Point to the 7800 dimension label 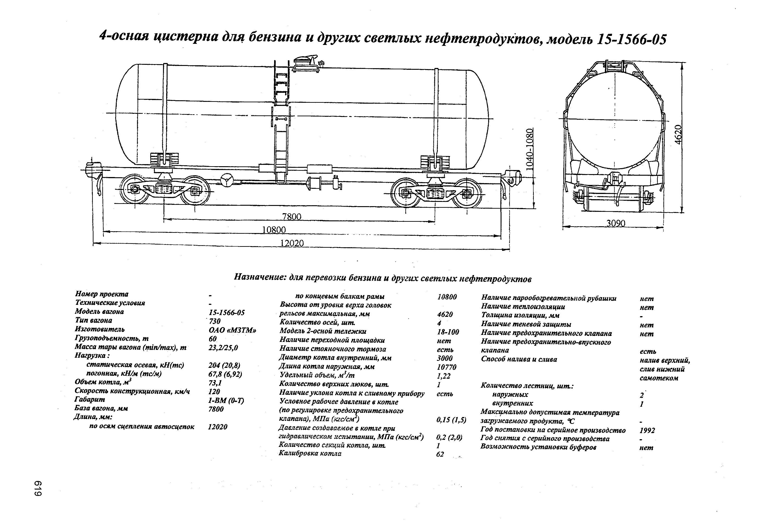(292, 217)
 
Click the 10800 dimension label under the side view (274, 230)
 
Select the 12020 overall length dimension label (292, 243)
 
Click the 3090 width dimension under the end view (616, 224)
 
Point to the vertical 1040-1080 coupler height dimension (529, 149)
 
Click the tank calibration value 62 (440, 454)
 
